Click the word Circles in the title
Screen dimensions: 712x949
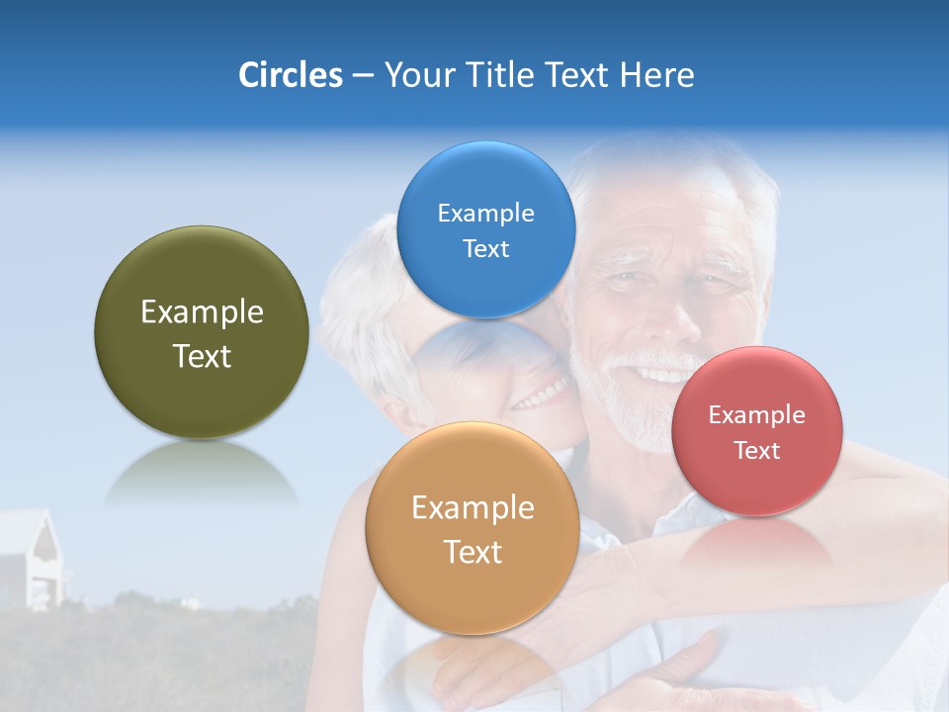coord(290,74)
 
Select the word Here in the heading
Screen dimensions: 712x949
coord(656,74)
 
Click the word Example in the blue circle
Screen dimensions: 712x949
coord(485,213)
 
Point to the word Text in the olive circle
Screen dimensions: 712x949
coord(202,356)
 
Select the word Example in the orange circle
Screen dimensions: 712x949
coord(473,507)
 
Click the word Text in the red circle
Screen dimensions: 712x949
coord(756,450)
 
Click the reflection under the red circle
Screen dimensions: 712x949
coord(756,542)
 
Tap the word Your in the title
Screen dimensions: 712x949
coord(416,74)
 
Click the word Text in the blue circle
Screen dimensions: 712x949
coord(485,248)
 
